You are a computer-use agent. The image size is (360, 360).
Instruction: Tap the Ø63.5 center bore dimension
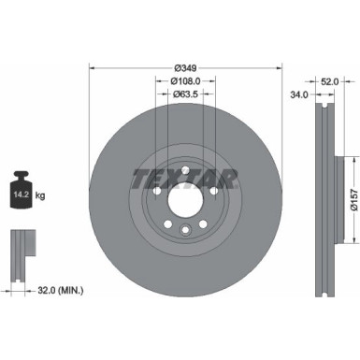point(187,94)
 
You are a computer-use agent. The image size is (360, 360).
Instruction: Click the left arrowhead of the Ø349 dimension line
point(92,67)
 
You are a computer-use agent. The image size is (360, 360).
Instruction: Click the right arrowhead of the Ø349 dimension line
point(281,67)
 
